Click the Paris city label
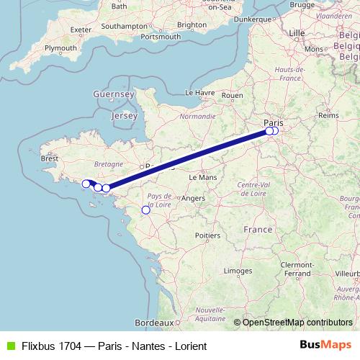click(273, 122)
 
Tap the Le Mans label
click(202, 176)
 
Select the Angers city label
click(194, 198)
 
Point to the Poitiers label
click(207, 235)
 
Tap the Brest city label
click(50, 158)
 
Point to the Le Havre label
click(201, 93)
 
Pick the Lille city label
click(297, 33)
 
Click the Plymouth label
click(60, 48)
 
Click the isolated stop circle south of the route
click(145, 210)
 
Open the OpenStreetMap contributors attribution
click(297, 323)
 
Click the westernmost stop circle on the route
click(85, 184)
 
